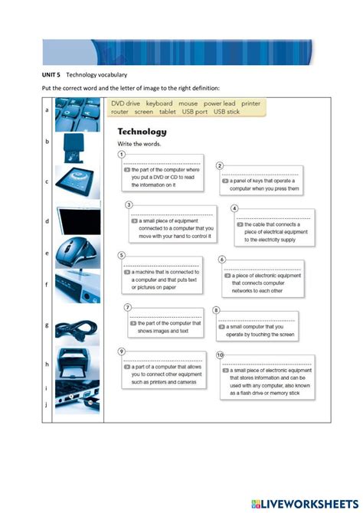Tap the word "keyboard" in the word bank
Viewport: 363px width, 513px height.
(x=159, y=103)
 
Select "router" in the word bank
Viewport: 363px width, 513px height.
(x=119, y=112)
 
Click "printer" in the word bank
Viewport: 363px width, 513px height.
(x=250, y=103)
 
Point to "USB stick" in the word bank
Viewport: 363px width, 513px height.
(x=227, y=112)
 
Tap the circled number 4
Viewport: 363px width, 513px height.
(x=234, y=207)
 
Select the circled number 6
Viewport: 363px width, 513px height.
(x=222, y=260)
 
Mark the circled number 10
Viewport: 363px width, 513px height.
(x=221, y=355)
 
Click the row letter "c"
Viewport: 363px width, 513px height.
(x=47, y=181)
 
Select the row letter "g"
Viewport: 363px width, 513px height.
(x=47, y=325)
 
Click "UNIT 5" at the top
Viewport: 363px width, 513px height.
(x=51, y=75)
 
